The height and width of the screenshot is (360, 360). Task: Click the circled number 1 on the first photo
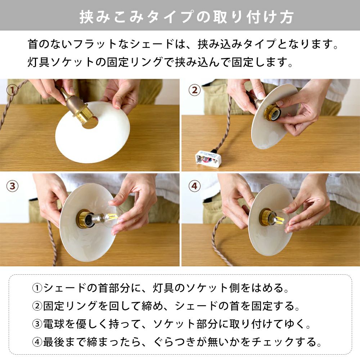pyautogui.click(x=12, y=90)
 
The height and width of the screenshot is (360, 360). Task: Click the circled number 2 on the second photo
pyautogui.click(x=194, y=90)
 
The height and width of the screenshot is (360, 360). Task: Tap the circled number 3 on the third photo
pyautogui.click(x=12, y=186)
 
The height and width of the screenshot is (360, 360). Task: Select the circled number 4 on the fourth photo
pyautogui.click(x=194, y=186)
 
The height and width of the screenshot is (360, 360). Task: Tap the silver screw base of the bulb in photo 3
pyautogui.click(x=98, y=217)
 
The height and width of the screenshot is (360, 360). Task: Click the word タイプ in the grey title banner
pyautogui.click(x=172, y=17)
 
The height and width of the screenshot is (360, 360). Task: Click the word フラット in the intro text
pyautogui.click(x=95, y=44)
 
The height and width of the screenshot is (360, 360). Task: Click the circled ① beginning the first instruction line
pyautogui.click(x=37, y=288)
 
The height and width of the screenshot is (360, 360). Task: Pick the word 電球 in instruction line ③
pyautogui.click(x=54, y=324)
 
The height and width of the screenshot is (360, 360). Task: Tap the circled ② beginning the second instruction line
pyautogui.click(x=37, y=306)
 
